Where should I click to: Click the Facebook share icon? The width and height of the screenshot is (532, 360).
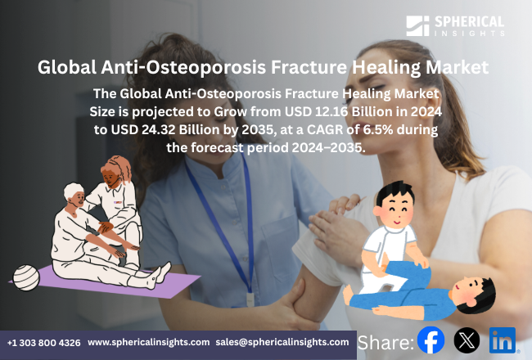click(x=431, y=340)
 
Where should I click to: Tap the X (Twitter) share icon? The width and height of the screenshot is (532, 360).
click(x=467, y=340)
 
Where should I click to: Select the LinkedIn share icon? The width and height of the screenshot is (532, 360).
click(x=503, y=340)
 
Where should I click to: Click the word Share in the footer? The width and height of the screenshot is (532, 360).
click(x=385, y=341)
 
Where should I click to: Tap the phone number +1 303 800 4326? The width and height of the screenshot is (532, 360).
click(x=44, y=342)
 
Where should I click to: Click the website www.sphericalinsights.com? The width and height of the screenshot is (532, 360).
click(x=148, y=342)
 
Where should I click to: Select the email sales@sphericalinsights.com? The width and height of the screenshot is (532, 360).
click(x=282, y=342)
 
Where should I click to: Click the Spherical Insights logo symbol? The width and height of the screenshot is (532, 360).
click(x=417, y=25)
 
